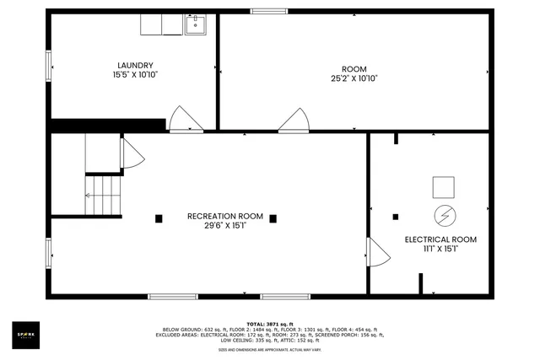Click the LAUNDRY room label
click(x=135, y=65)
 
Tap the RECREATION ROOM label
click(x=224, y=216)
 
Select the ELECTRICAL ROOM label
click(x=440, y=239)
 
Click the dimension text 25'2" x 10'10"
click(x=354, y=78)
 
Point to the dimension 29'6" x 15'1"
click(x=224, y=226)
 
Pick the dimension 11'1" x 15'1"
click(x=440, y=250)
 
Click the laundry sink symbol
click(x=196, y=25)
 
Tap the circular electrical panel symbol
click(x=443, y=215)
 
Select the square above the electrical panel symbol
click(x=443, y=186)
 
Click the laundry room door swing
click(x=182, y=121)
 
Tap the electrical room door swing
click(x=377, y=253)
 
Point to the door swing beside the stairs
click(x=132, y=154)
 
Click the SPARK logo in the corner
click(x=25, y=335)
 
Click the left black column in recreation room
click(x=159, y=218)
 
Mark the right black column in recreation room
click(x=273, y=218)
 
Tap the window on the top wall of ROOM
click(x=268, y=11)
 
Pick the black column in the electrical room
click(x=396, y=217)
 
